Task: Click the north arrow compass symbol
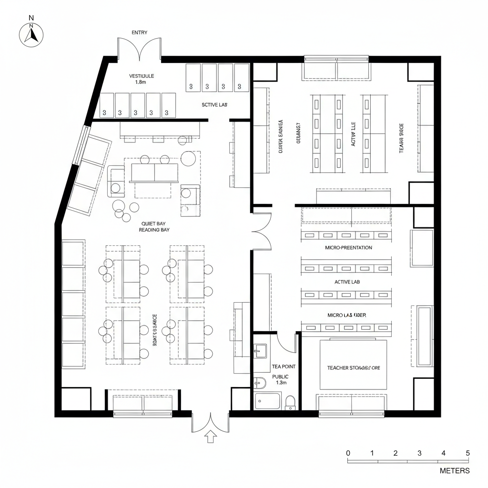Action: [31, 34]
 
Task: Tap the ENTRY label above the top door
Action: [139, 32]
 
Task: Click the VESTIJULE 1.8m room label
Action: [142, 79]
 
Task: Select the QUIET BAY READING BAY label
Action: [154, 226]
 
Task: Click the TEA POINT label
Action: [284, 366]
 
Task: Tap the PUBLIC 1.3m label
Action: [280, 379]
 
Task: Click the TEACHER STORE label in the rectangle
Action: [353, 368]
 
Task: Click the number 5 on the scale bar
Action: [468, 453]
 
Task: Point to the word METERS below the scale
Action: [454, 471]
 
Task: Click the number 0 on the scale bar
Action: [348, 453]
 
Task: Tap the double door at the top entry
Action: [139, 49]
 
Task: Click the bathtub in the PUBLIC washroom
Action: [268, 401]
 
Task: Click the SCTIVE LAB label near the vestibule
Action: [214, 104]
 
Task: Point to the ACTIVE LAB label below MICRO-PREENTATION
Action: [347, 282]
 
